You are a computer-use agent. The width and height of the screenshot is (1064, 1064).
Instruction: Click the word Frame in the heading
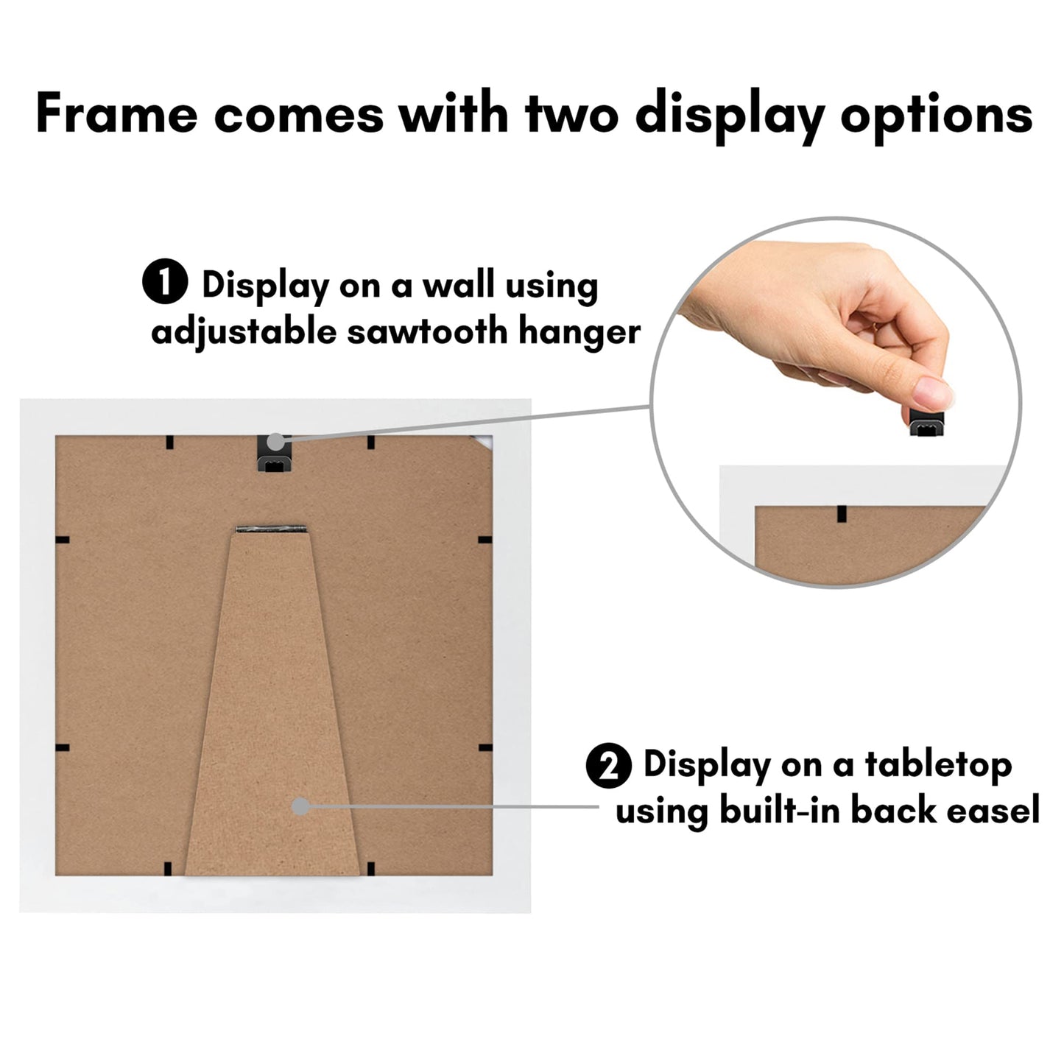tap(116, 114)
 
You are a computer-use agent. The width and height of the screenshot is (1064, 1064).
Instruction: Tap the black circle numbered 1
tap(165, 284)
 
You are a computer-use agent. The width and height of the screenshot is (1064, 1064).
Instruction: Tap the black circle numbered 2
tap(608, 766)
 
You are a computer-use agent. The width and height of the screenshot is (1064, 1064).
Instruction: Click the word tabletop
tap(938, 766)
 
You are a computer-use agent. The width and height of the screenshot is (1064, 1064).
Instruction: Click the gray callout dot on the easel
tap(300, 806)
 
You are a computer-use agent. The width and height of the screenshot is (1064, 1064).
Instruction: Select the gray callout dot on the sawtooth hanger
tap(275, 442)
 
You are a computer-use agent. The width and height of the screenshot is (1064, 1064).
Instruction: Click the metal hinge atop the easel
tap(271, 529)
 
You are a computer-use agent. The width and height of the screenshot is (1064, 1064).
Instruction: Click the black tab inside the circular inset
tap(841, 513)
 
